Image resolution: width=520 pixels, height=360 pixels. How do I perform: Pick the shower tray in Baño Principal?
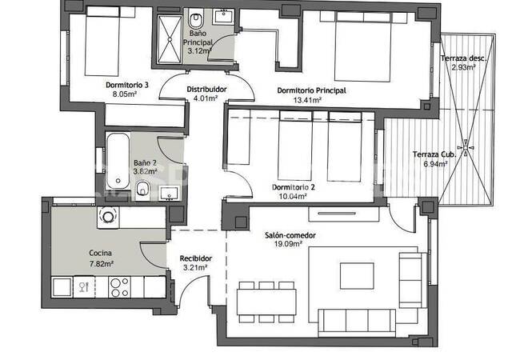coord(170,35)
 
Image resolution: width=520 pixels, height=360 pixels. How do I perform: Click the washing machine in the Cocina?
coord(108,216)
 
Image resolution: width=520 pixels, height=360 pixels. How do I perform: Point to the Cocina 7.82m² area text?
coord(102,263)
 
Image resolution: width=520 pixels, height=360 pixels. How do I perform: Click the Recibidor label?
coord(196,258)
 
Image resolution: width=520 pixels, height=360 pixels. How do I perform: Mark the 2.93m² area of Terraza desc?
coord(463,68)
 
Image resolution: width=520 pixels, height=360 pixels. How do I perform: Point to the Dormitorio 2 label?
coord(293,186)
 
